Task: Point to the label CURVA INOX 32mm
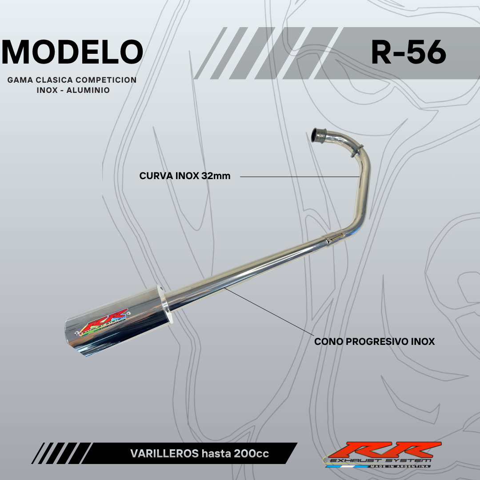click(185, 176)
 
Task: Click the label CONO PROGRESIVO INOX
click(374, 342)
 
